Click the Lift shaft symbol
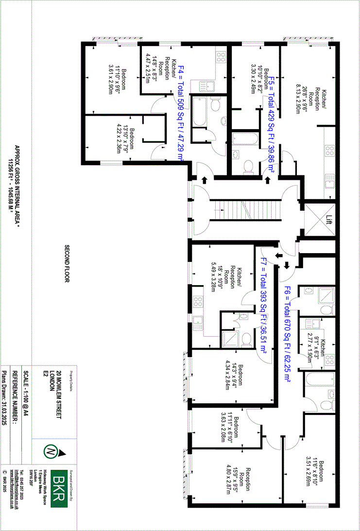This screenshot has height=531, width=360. (x=319, y=219)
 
